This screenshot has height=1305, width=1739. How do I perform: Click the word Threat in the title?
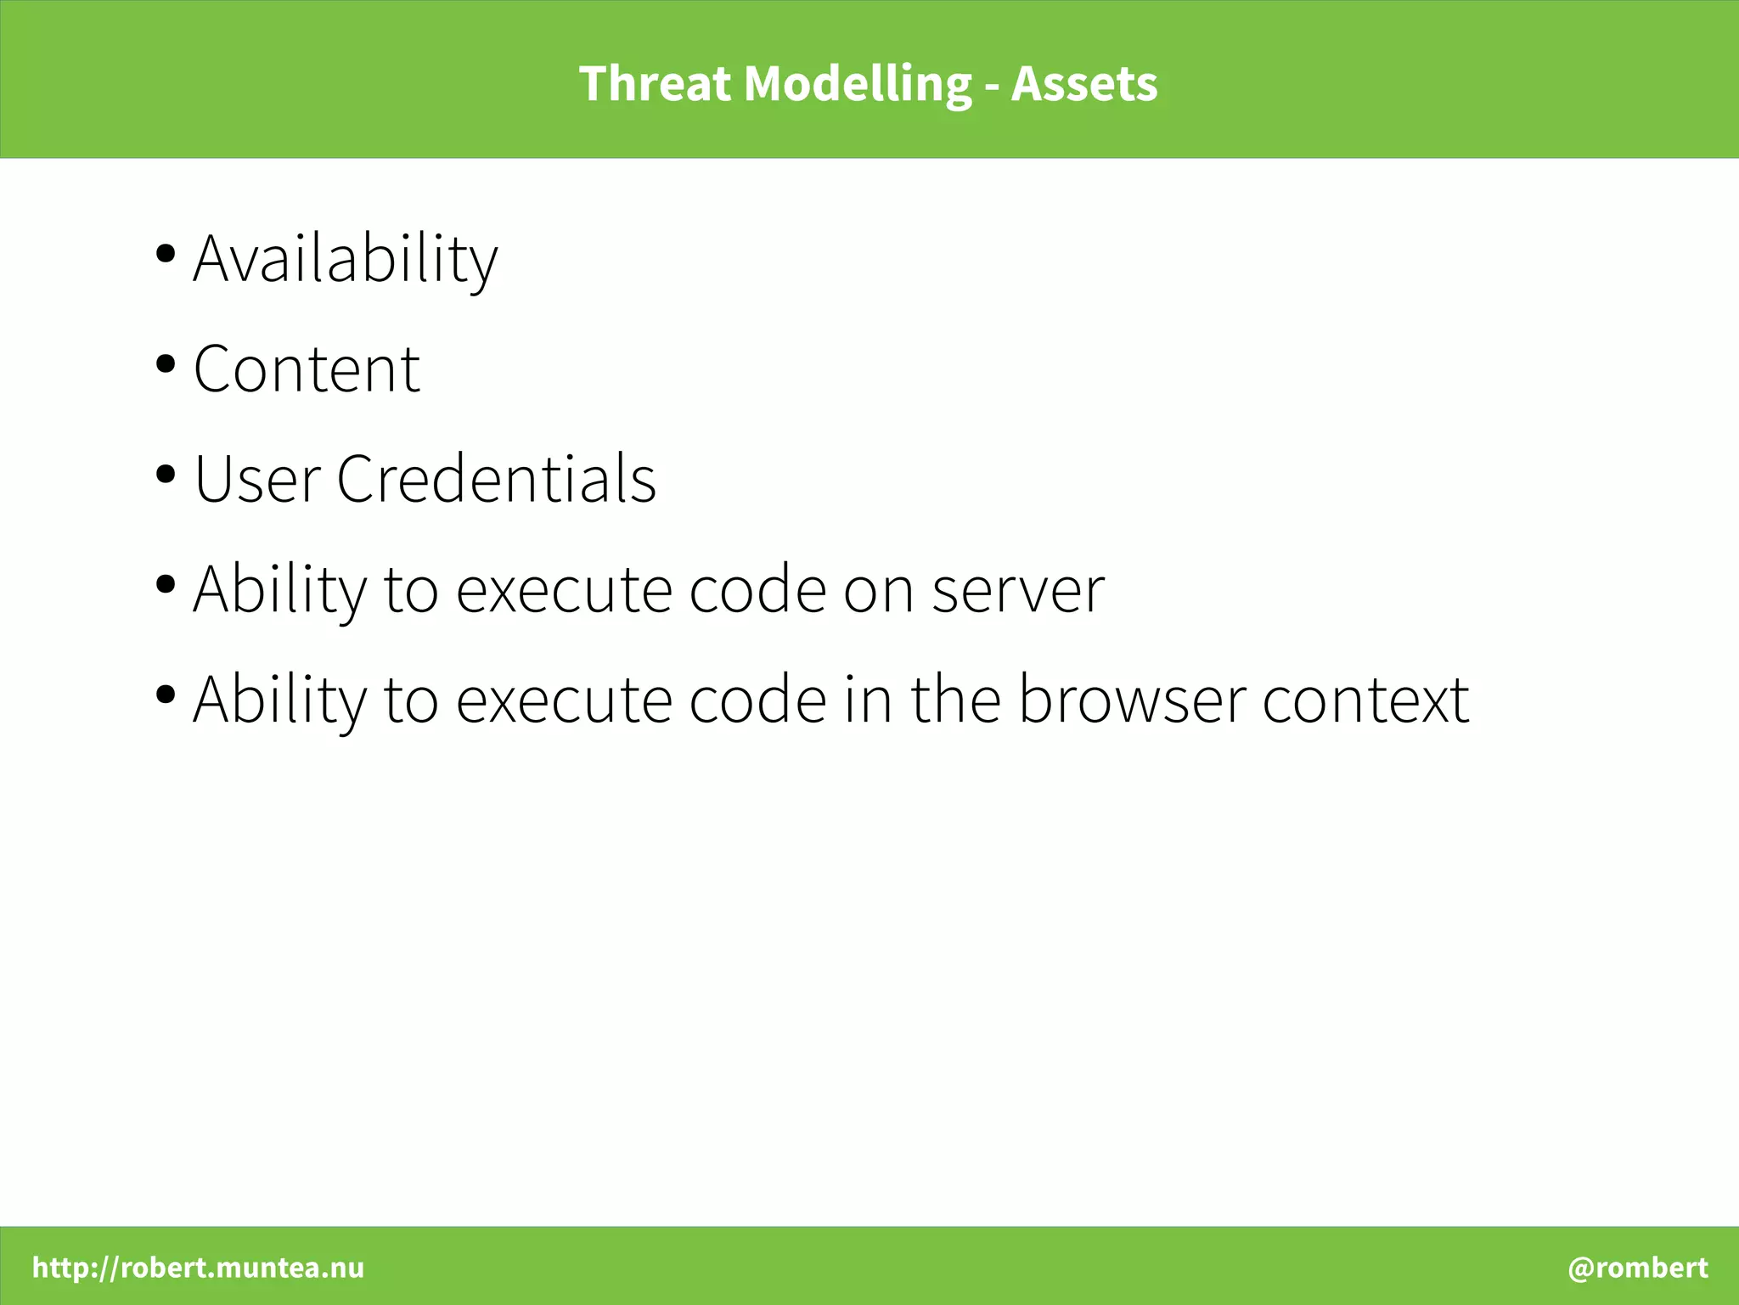[x=654, y=84]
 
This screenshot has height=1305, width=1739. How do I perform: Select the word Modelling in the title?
[x=858, y=84]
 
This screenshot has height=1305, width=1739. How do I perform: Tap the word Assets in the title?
[x=1083, y=84]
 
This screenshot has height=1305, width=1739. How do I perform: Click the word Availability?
[x=346, y=259]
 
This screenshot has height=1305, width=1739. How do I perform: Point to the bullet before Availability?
[x=166, y=254]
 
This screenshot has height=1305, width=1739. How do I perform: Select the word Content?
[x=307, y=369]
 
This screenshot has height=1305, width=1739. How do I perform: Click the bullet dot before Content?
[x=166, y=364]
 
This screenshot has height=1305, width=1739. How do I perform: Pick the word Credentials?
[x=496, y=479]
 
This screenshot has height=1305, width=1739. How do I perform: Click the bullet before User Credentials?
[x=166, y=474]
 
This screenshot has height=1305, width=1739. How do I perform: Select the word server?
[x=1018, y=589]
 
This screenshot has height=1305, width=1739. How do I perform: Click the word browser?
[x=1131, y=700]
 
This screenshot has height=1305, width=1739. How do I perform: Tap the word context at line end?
[x=1365, y=700]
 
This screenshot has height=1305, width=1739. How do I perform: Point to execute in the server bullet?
[x=565, y=589]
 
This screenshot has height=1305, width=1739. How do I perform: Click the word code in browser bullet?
[x=757, y=700]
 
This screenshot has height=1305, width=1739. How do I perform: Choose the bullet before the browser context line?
[x=166, y=695]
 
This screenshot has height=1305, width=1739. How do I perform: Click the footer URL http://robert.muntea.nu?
[x=198, y=1268]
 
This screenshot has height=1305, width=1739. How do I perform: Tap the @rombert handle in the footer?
[x=1637, y=1268]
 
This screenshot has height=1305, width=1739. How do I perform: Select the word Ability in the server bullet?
[x=280, y=589]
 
